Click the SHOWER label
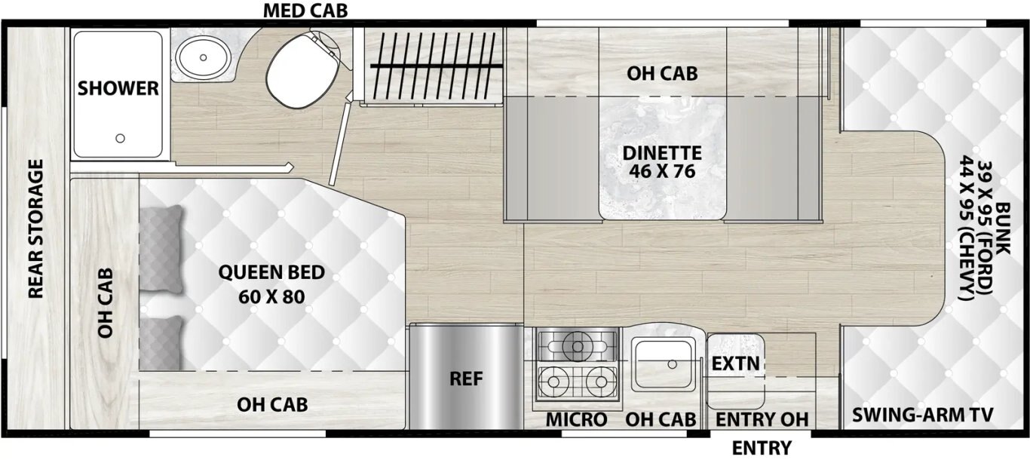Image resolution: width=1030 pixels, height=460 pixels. [118, 88]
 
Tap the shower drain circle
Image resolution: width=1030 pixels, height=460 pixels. [120, 138]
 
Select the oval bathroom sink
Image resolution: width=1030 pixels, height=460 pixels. [203, 57]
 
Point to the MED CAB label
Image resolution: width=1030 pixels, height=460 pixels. [305, 11]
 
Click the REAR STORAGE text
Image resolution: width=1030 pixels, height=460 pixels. [36, 228]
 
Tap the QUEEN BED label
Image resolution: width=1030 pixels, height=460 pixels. [271, 272]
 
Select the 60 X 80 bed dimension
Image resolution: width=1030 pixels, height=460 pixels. [271, 296]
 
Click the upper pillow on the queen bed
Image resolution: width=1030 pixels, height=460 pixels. [161, 248]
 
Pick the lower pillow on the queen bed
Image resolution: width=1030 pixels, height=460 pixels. [161, 342]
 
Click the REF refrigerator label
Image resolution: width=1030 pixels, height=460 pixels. [466, 379]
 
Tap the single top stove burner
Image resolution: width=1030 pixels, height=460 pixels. [578, 345]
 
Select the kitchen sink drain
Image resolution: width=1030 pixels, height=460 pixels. [673, 364]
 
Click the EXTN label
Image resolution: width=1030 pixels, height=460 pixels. [736, 364]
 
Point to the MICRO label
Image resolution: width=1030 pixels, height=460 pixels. [576, 419]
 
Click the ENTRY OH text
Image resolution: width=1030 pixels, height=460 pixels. [762, 419]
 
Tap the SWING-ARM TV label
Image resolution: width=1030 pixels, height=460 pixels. [922, 415]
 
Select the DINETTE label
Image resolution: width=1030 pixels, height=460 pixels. [662, 153]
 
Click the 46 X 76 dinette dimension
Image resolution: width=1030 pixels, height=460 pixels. [662, 172]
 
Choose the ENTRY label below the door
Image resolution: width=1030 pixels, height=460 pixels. [762, 448]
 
